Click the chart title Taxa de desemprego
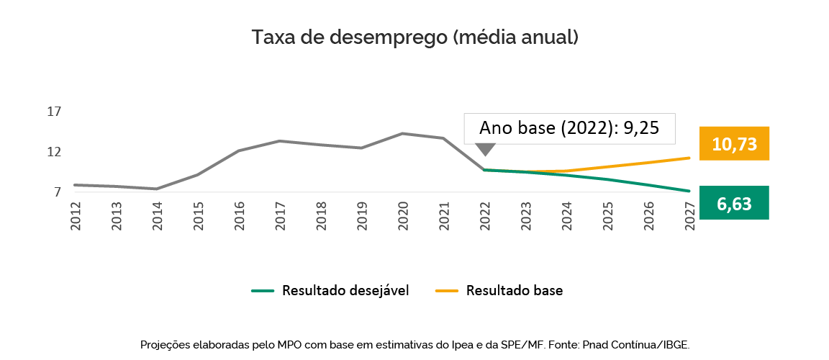click(414, 37)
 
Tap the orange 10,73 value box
click(734, 143)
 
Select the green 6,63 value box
click(734, 204)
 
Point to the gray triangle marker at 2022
click(486, 149)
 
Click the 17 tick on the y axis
click(54, 112)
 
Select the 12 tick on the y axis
click(54, 152)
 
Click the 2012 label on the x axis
click(75, 216)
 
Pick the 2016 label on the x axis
click(239, 216)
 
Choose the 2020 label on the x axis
click(403, 216)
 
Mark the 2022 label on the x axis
click(485, 216)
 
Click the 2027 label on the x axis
click(690, 216)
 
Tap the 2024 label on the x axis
click(567, 216)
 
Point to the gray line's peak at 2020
click(403, 133)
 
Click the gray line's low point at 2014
click(157, 189)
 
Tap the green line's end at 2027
click(689, 191)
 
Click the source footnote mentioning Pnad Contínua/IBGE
click(414, 345)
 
